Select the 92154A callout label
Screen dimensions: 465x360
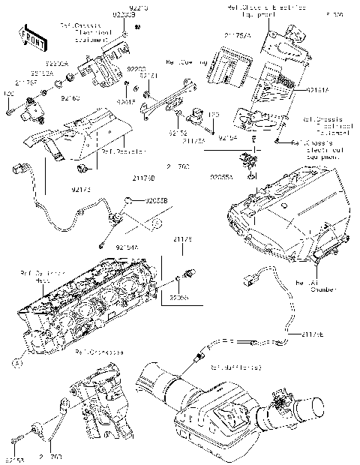click(128, 246)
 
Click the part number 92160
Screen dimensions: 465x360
click(70, 97)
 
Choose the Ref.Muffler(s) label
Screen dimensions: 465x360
click(236, 367)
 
